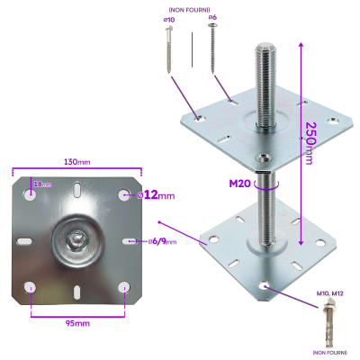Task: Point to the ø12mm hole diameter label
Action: (x=157, y=194)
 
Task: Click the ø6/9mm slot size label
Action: (x=163, y=241)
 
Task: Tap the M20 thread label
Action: (x=239, y=184)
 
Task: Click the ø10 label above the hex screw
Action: (x=170, y=18)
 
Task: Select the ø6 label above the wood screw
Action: (x=212, y=17)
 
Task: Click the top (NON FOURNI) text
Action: (x=189, y=8)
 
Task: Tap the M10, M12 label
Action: (x=332, y=293)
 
